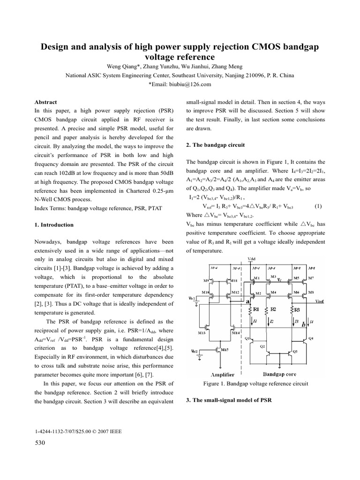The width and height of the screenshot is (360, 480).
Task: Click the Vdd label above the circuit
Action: [x=251, y=258]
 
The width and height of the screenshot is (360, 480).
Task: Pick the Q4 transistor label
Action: [x=312, y=338]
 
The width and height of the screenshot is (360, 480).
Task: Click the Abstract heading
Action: [x=46, y=102]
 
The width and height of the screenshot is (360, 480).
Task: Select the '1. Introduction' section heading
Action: [x=54, y=225]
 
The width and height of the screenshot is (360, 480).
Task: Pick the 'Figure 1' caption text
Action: [x=255, y=383]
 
